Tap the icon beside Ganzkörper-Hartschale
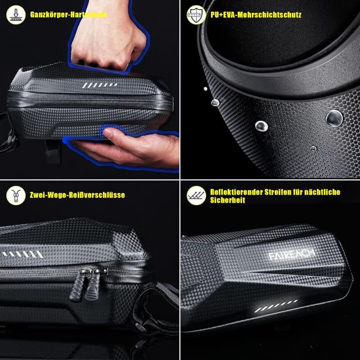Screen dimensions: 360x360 [x=15, y=15]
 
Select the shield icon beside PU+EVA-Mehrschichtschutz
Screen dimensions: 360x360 [x=196, y=15]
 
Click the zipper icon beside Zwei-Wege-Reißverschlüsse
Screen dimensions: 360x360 [x=15, y=195]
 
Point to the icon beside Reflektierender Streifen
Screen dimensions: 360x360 [x=196, y=195]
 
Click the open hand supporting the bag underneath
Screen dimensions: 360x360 [x=129, y=147]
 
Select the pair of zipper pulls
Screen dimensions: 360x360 [x=90, y=284]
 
